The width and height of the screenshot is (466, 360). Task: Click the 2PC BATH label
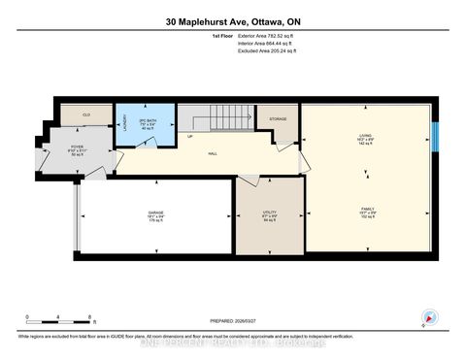click(x=148, y=122)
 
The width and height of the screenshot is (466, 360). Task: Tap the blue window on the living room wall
click(x=436, y=135)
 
